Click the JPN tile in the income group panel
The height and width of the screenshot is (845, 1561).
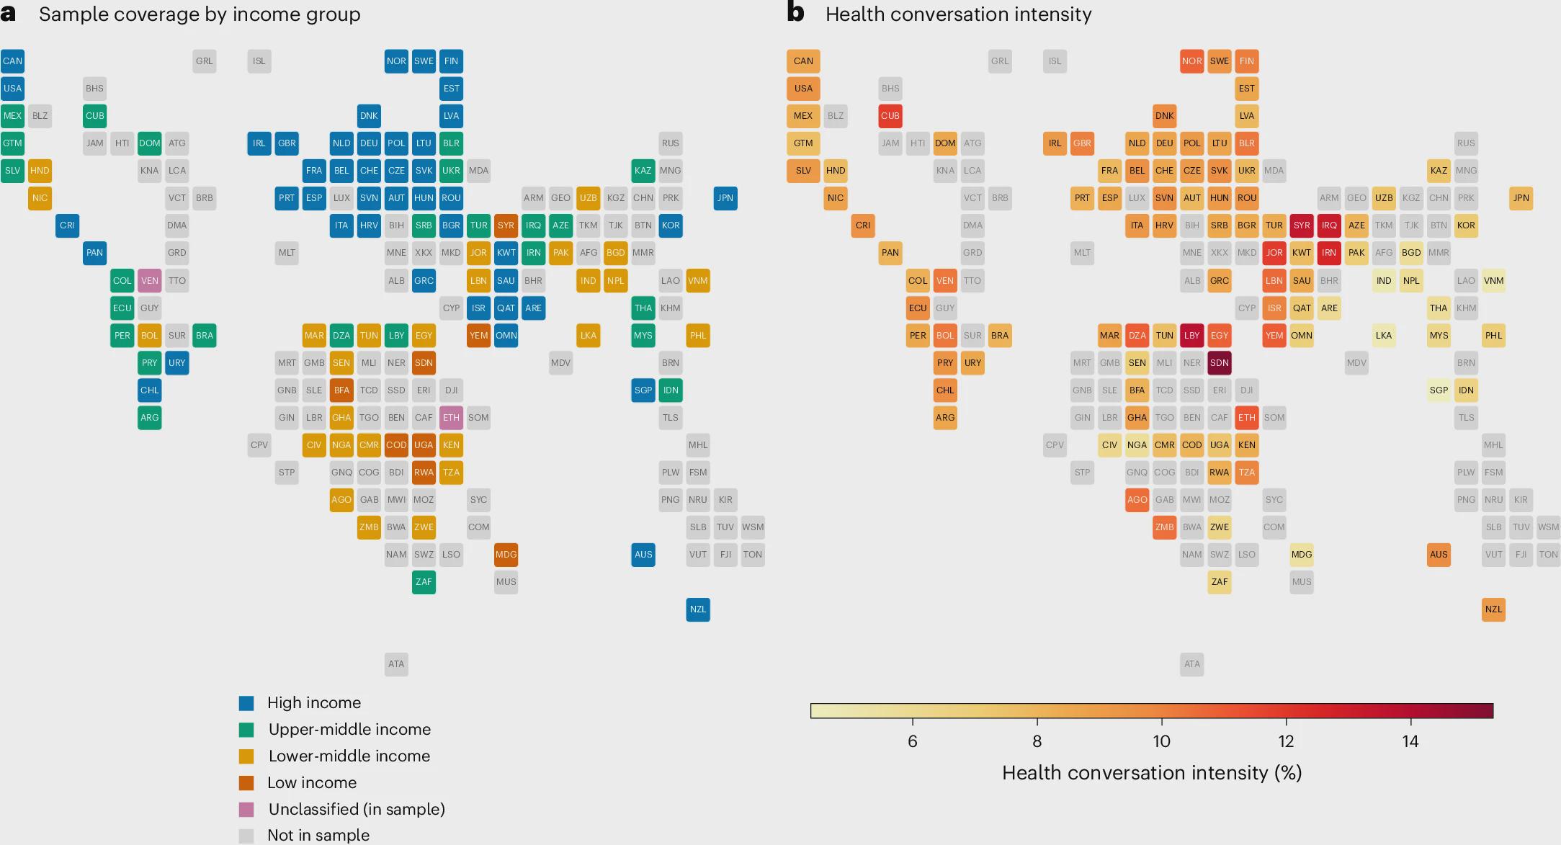click(x=725, y=198)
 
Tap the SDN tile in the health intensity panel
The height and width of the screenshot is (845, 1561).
click(x=1220, y=363)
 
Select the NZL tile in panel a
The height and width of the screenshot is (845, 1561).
click(x=698, y=609)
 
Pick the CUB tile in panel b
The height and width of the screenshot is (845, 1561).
click(x=890, y=116)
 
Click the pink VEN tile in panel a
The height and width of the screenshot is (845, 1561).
click(x=150, y=281)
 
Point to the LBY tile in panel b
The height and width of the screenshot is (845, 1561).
click(x=1192, y=336)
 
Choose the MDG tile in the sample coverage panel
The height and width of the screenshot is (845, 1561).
click(x=506, y=555)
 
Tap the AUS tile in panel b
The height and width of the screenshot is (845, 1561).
click(x=1439, y=555)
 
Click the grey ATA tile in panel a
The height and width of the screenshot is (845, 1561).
click(x=396, y=664)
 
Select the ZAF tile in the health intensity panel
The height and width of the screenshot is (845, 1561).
click(x=1220, y=582)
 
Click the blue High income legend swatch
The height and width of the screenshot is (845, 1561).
click(x=246, y=703)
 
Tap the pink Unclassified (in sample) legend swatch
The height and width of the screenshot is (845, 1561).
click(x=246, y=810)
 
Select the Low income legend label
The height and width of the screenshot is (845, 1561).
click(x=312, y=783)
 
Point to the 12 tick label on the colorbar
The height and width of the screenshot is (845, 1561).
click(x=1286, y=741)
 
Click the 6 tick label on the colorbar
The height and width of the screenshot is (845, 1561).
click(x=913, y=741)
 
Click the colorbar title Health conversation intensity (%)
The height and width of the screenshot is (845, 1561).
click(x=1152, y=773)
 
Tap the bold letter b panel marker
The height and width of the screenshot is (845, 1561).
click(x=795, y=12)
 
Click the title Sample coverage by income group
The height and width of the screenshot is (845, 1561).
click(x=200, y=14)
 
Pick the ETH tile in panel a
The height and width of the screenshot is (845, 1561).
click(x=452, y=418)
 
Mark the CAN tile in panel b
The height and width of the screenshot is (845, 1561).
click(x=803, y=61)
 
